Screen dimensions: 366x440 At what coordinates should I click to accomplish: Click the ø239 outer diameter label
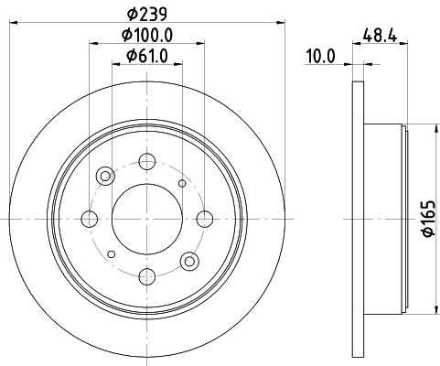145,14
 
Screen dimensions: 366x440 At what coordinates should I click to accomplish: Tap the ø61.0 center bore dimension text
147,59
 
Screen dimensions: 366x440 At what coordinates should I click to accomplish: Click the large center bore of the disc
146,218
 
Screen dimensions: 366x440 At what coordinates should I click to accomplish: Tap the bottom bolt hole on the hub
146,274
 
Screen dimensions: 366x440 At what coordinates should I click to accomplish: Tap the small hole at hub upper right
181,183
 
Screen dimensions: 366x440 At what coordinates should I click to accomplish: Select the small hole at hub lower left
112,253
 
